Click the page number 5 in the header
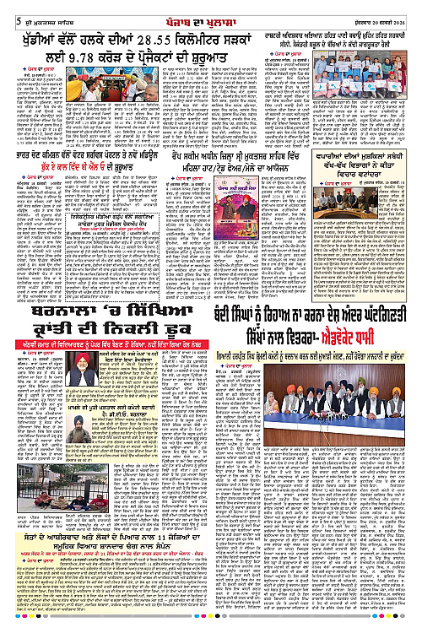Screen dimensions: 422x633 coord(7,8)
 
